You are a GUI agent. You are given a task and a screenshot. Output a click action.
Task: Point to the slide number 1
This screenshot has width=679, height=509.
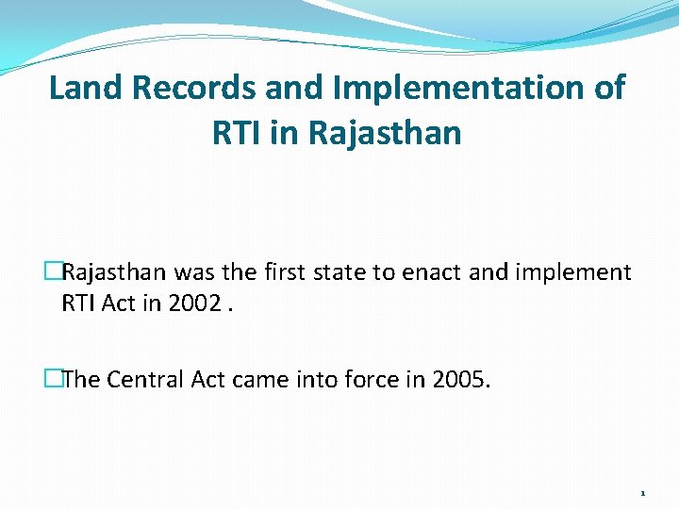tap(642, 493)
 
